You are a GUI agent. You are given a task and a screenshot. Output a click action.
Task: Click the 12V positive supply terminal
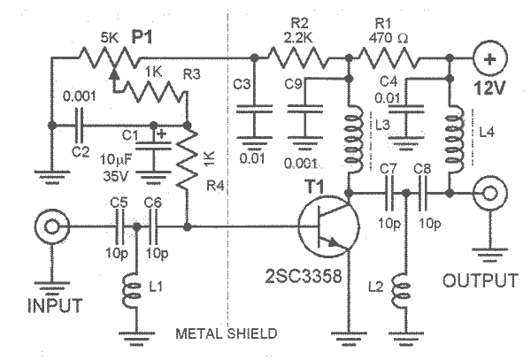(x=489, y=61)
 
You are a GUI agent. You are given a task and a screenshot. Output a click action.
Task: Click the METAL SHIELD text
(x=226, y=333)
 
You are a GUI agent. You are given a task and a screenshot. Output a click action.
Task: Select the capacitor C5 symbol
(x=117, y=227)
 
